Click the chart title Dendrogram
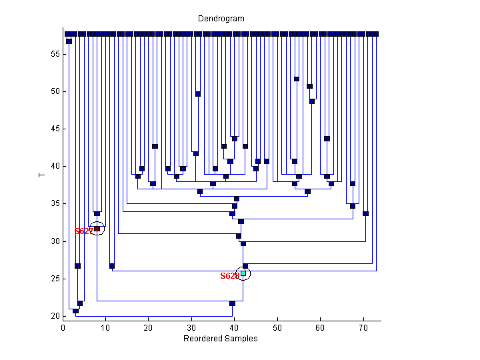click(221, 19)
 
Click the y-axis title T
click(41, 175)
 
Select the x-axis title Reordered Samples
click(220, 339)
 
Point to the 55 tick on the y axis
click(55, 54)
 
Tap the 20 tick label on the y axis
click(55, 315)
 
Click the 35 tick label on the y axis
click(55, 203)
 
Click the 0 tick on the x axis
click(63, 327)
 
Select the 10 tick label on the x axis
click(106, 327)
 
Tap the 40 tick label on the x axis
click(235, 327)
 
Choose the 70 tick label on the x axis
click(363, 327)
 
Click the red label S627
click(83, 231)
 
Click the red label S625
click(229, 275)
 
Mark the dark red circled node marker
click(97, 229)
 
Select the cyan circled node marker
click(243, 273)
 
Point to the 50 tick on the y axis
click(55, 91)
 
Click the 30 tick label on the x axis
click(192, 327)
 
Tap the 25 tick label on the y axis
click(55, 278)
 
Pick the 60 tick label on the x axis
click(321, 327)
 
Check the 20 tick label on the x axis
click(149, 327)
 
